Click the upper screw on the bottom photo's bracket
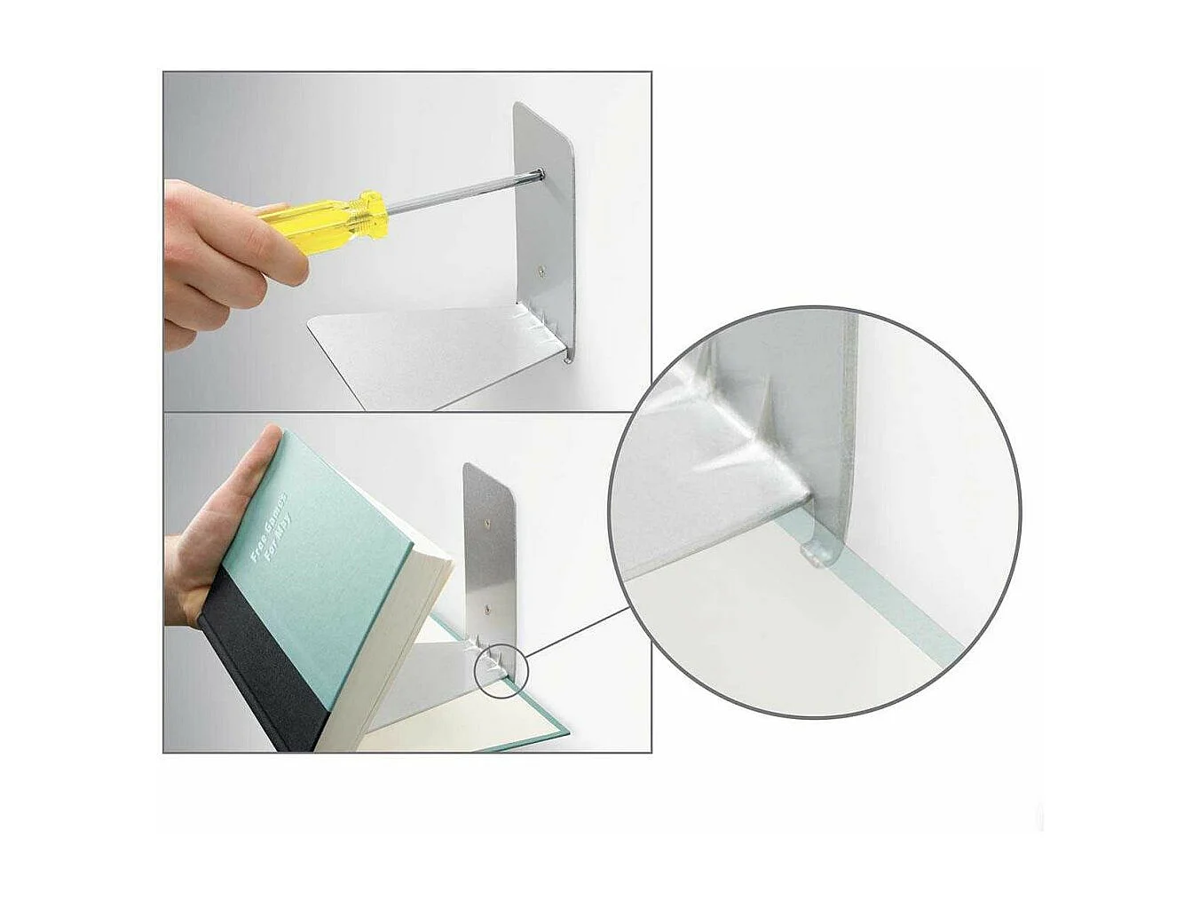(x=486, y=525)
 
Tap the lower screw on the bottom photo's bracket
(x=487, y=611)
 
